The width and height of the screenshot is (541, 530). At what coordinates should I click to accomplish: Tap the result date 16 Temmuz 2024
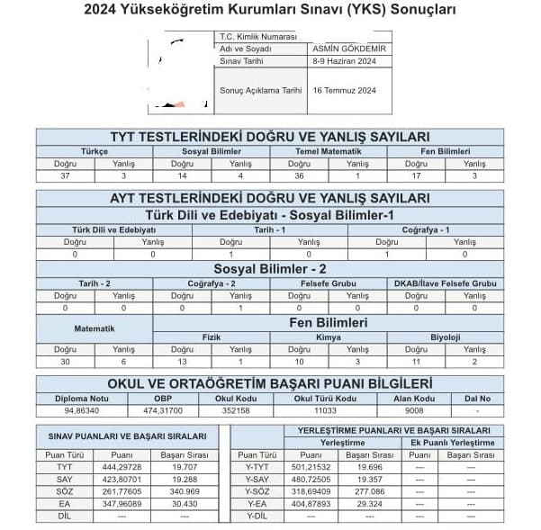344,91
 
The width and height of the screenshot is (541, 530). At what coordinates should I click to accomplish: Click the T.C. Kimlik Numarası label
257,37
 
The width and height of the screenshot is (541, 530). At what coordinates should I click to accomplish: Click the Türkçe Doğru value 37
65,175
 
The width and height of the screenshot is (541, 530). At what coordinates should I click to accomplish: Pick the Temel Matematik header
329,151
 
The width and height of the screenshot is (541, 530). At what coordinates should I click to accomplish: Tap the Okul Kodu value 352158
236,410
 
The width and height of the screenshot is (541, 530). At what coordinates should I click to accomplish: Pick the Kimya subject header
329,337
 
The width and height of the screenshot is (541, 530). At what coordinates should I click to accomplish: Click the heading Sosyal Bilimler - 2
270,268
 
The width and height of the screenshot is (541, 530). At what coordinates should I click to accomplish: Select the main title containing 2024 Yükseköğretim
270,11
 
